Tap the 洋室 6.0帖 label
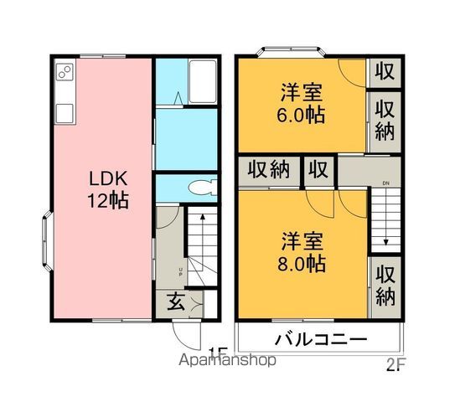pyautogui.click(x=301, y=101)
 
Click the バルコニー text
pyautogui.click(x=320, y=341)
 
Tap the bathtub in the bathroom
pyautogui.click(x=202, y=81)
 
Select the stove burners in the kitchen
pyautogui.click(x=65, y=75)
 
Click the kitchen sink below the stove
pyautogui.click(x=64, y=111)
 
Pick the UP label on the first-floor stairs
pyautogui.click(x=180, y=271)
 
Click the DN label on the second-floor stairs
pyautogui.click(x=386, y=182)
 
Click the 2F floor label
pyautogui.click(x=396, y=364)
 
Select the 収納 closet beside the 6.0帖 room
pyautogui.click(x=385, y=121)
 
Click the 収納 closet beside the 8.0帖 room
pyautogui.click(x=385, y=285)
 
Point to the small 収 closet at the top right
pyautogui.click(x=385, y=71)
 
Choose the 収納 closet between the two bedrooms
pyautogui.click(x=268, y=170)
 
